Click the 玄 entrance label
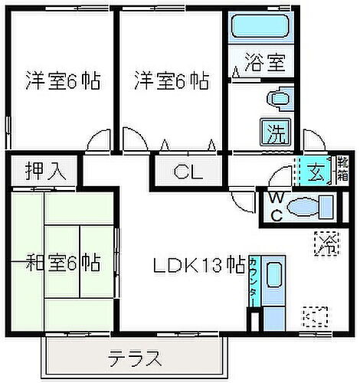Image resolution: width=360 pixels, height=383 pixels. (x=315, y=170)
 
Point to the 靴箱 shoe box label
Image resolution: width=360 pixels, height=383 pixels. (x=341, y=170)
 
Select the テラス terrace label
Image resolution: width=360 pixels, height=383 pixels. (x=135, y=358)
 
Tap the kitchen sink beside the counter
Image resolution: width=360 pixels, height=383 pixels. (x=276, y=277)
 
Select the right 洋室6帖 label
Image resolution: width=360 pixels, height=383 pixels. (x=172, y=80)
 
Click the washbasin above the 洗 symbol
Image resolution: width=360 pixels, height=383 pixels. (x=277, y=98)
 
